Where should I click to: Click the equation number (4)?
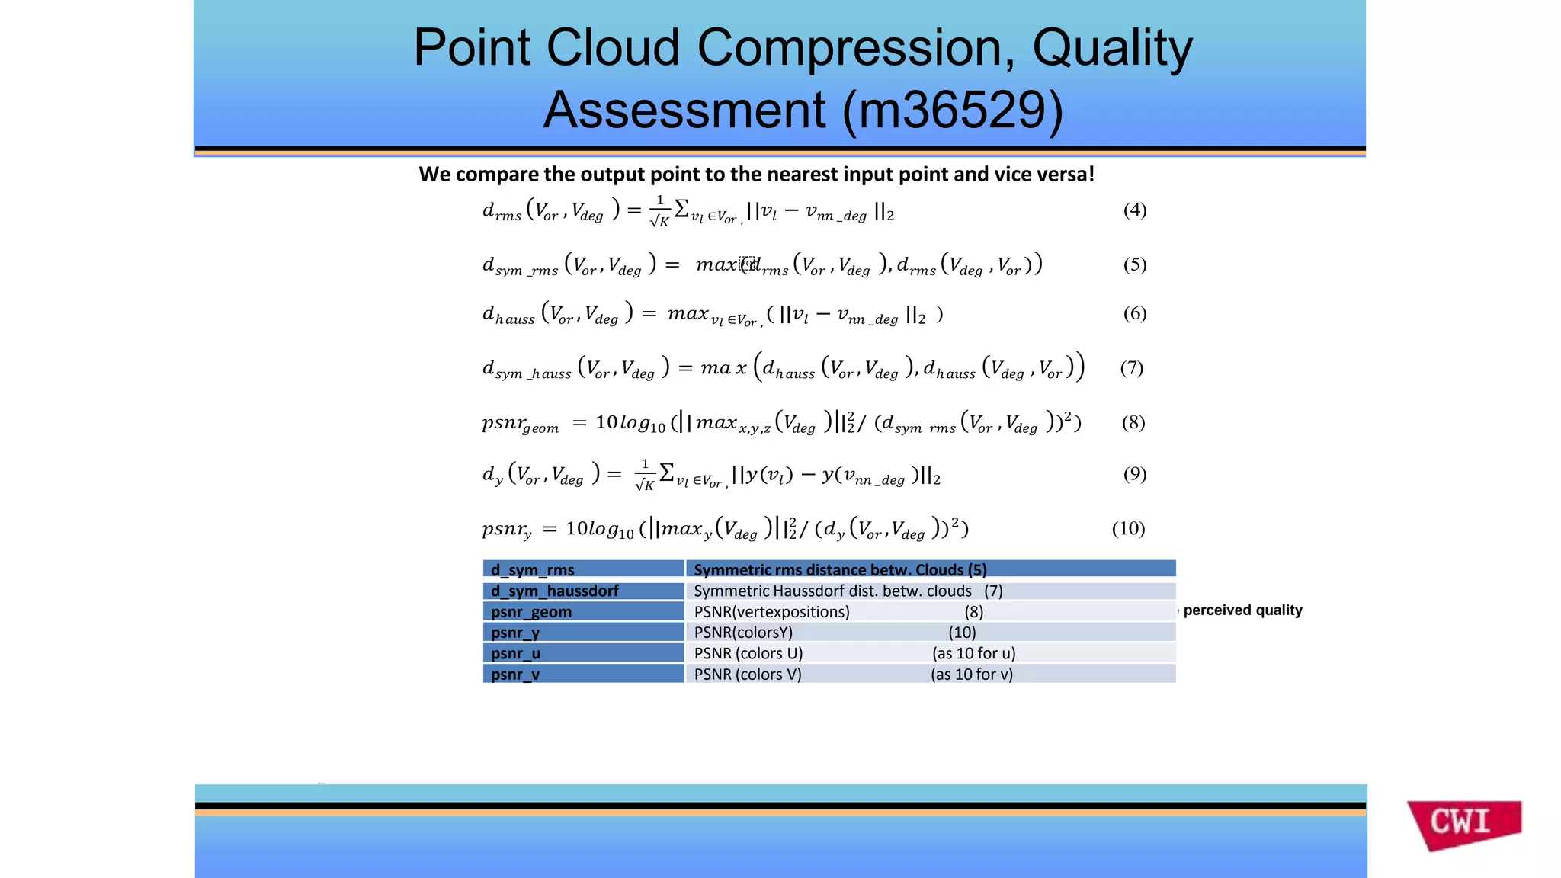click(x=1134, y=210)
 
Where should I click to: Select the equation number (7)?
click(x=1131, y=368)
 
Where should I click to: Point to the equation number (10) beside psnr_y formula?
click(x=1128, y=528)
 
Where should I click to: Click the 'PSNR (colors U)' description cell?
click(x=748, y=653)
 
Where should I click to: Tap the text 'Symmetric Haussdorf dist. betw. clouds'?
click(x=832, y=591)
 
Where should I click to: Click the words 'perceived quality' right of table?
click(x=1242, y=610)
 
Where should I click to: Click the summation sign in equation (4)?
click(x=682, y=207)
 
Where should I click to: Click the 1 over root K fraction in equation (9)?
click(x=645, y=475)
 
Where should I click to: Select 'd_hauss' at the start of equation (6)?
click(x=508, y=315)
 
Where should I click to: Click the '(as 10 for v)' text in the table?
click(x=971, y=674)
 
